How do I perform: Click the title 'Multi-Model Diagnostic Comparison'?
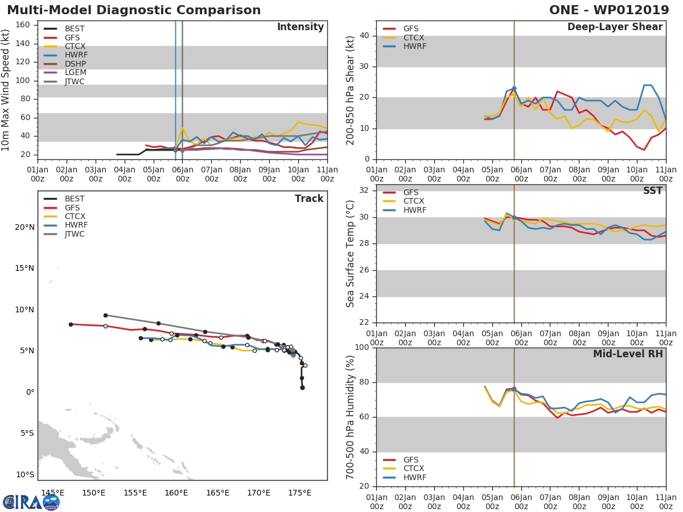point(134,10)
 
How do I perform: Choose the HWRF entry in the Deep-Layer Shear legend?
point(414,46)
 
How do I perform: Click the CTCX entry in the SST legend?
point(414,201)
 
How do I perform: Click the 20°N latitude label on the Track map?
point(24,227)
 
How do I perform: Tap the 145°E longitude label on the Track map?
point(52,493)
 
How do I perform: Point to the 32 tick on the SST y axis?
point(365,191)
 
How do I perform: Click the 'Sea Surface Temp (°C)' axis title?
point(351,254)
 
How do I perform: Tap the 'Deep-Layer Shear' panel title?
point(615,27)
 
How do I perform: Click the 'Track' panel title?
point(308,199)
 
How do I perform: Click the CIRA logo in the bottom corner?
point(31,502)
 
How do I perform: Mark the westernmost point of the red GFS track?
point(71,324)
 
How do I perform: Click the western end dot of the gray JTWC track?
point(105,315)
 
